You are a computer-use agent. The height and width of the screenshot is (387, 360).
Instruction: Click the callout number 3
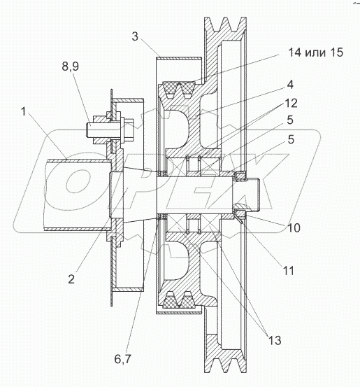click(135, 36)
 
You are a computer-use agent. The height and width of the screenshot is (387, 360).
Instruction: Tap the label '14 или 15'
click(316, 52)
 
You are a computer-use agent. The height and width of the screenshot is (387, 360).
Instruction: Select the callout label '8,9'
click(71, 66)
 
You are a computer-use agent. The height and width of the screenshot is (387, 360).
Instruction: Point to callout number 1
click(24, 111)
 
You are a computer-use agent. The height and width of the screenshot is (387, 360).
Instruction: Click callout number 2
click(71, 279)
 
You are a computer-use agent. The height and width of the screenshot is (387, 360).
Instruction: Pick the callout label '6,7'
click(122, 359)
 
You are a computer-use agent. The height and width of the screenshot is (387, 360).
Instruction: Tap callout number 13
click(275, 340)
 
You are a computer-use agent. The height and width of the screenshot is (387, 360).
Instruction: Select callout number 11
click(288, 271)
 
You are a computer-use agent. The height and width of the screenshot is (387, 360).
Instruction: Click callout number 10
click(294, 228)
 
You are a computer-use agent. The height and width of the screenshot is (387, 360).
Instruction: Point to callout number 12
click(291, 103)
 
